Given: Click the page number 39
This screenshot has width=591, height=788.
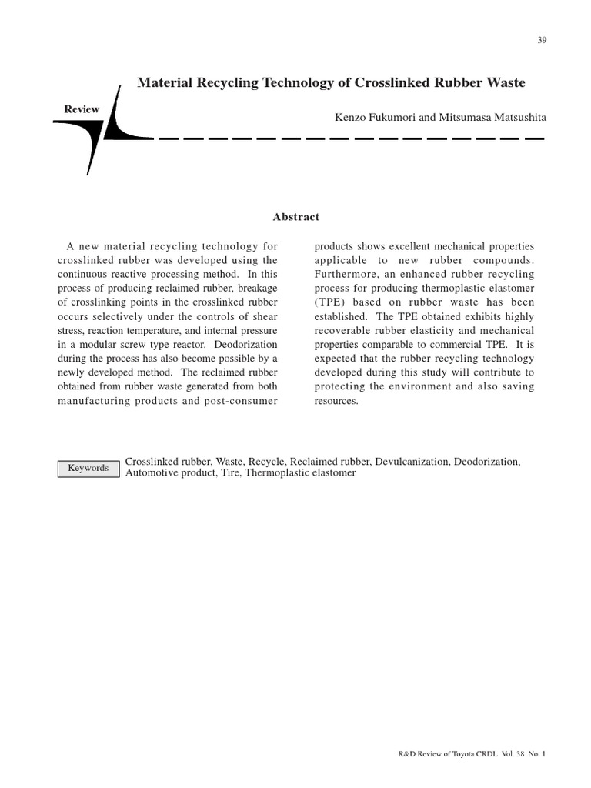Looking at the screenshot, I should click(542, 41).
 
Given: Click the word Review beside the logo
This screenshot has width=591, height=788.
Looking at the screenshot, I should click(82, 110).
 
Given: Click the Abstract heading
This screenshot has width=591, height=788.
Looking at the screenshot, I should click(295, 217).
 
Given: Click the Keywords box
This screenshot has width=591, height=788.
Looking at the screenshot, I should click(88, 468).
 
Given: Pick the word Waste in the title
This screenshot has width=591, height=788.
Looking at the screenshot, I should click(504, 82).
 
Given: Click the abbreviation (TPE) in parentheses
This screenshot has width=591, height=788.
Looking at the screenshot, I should click(331, 302).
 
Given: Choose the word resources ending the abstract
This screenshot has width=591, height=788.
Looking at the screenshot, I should click(336, 401).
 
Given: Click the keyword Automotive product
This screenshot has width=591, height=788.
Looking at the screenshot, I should click(163, 473).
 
